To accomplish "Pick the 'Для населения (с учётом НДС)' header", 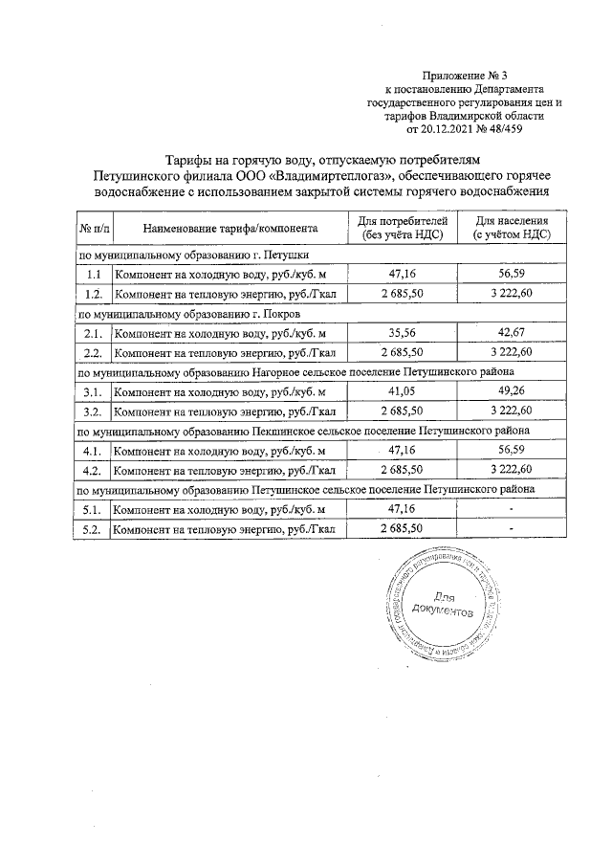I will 512,229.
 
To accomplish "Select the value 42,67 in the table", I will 512,333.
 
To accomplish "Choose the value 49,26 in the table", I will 512,392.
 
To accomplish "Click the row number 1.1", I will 92,275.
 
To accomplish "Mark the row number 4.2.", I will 92,471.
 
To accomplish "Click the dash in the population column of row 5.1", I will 512,509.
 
